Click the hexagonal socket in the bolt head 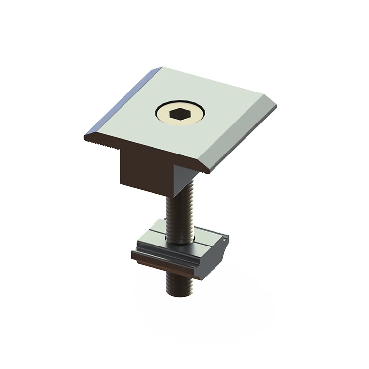pos(180,114)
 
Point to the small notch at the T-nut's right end pos(225,240)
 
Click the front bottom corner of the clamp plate pos(209,172)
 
